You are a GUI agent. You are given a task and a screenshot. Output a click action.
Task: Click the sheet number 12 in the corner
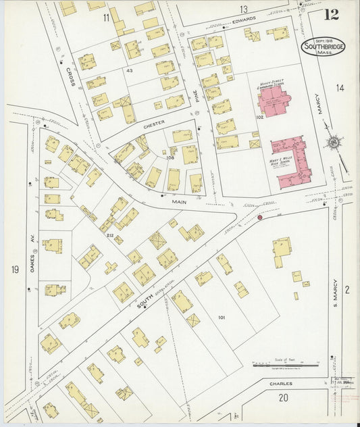tap(331, 15)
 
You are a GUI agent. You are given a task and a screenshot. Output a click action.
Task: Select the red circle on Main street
tap(259, 218)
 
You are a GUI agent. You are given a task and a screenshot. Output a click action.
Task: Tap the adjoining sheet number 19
tap(15, 270)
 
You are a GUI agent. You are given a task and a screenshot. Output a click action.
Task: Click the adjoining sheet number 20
tap(284, 397)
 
